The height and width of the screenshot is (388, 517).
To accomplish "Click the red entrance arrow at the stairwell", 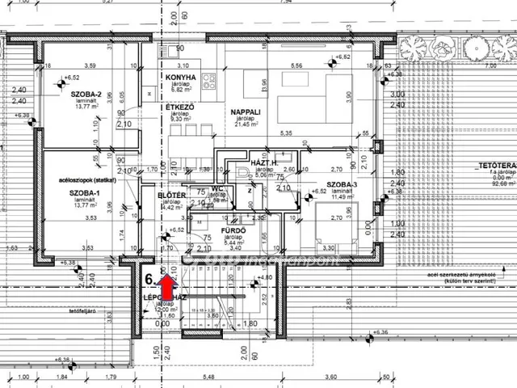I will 168,285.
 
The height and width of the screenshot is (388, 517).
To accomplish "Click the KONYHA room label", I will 181,78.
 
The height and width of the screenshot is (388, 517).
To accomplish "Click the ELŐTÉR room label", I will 172,196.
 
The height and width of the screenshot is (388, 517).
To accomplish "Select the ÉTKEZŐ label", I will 179,107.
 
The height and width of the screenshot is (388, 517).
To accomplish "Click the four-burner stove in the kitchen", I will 210,80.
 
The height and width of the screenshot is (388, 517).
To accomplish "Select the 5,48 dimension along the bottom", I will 210,377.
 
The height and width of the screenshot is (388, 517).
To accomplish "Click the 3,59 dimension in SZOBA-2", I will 90,65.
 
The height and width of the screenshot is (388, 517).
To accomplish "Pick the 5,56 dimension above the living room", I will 296,65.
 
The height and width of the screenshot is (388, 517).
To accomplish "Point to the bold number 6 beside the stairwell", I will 149,280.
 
